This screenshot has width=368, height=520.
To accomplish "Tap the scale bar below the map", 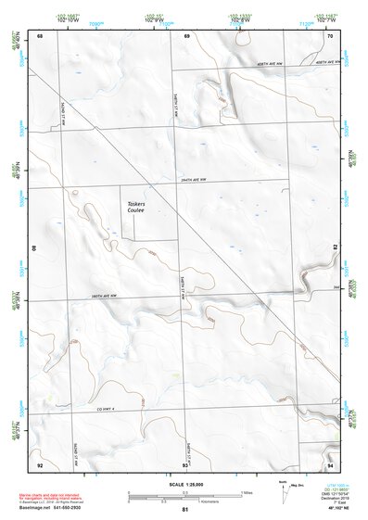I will pyautogui.click(x=184, y=496).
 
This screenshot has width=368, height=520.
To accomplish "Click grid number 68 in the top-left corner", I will pyautogui.click(x=40, y=36).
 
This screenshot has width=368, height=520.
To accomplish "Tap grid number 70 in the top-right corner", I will pyautogui.click(x=330, y=36).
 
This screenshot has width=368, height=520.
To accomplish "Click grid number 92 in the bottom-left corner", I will pyautogui.click(x=40, y=463).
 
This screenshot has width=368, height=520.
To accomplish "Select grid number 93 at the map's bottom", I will pyautogui.click(x=186, y=463).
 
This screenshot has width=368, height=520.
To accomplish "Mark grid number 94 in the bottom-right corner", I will pyautogui.click(x=330, y=463).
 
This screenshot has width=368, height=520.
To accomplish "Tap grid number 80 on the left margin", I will pyautogui.click(x=34, y=248).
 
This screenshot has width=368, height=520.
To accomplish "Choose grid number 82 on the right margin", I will pyautogui.click(x=335, y=248).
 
